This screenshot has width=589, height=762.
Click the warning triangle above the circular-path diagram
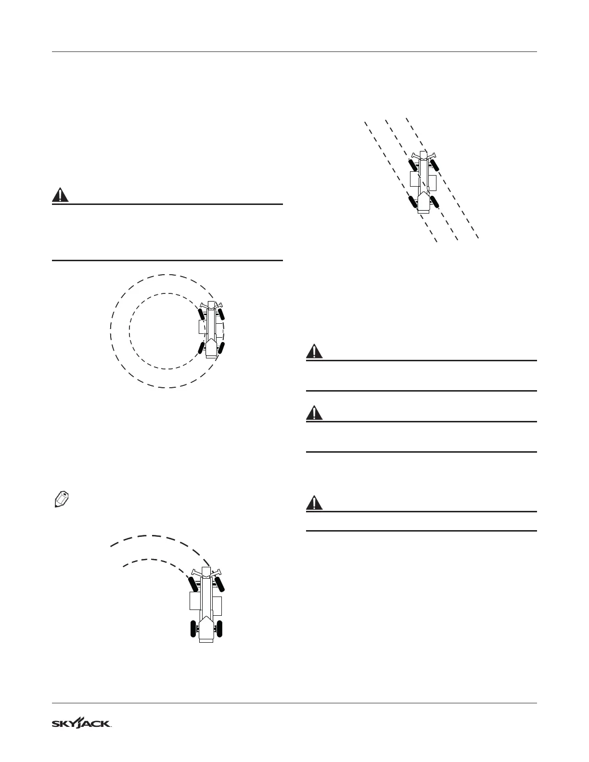[60, 195]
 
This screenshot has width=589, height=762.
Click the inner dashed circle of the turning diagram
[130, 331]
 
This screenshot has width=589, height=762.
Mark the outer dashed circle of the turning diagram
[111, 331]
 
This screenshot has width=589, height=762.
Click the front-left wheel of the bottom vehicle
[194, 584]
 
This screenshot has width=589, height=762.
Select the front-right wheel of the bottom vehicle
[222, 584]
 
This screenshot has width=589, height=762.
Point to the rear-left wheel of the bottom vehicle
[194, 629]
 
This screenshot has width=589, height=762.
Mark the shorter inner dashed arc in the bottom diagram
[149, 559]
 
